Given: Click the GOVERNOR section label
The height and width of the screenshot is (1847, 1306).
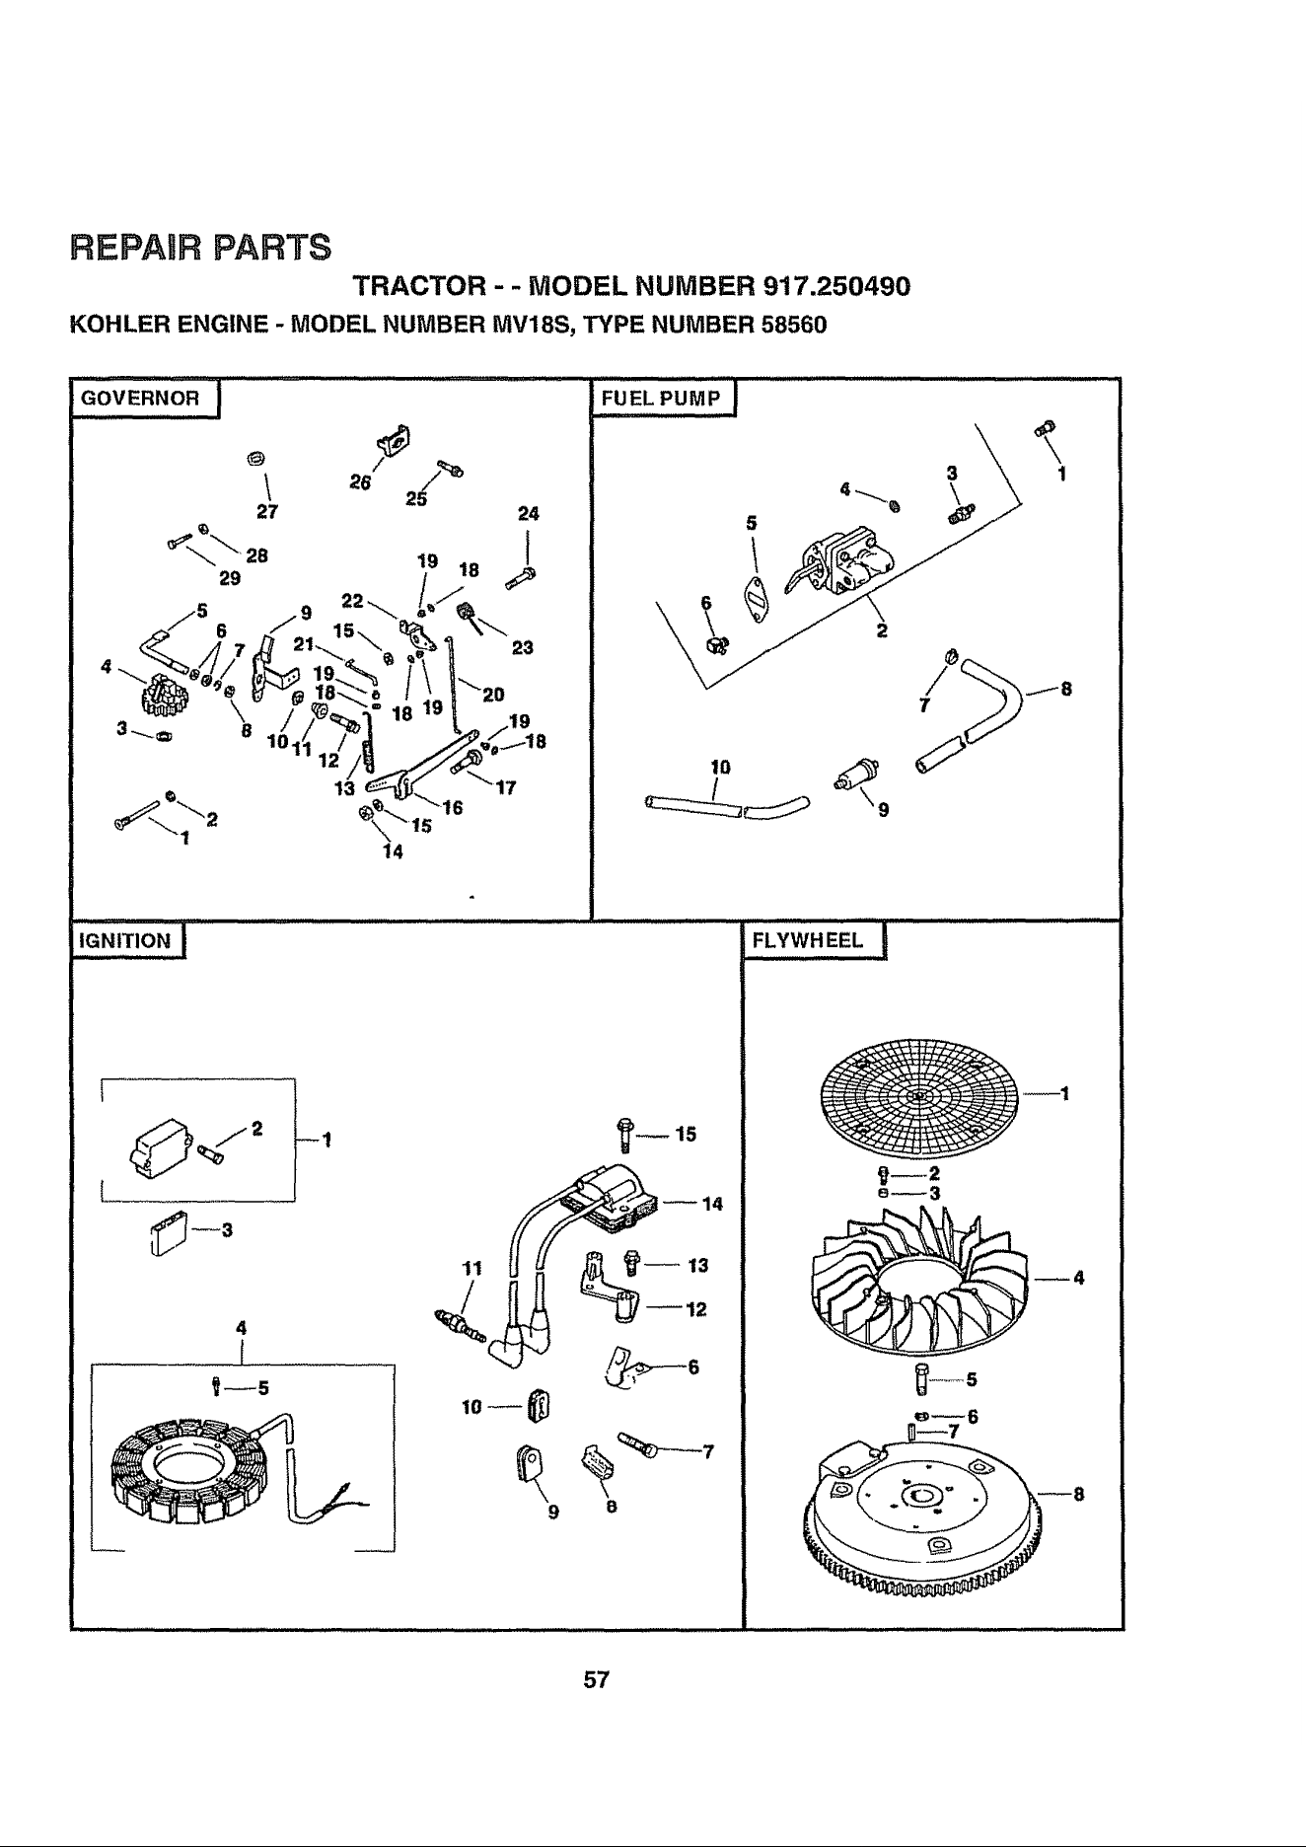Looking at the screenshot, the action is point(140,399).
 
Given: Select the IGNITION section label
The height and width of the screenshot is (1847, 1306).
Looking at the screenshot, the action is point(124,940).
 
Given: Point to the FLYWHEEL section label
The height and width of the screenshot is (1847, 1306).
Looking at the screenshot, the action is point(808,940).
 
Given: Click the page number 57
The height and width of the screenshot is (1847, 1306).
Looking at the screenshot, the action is point(597,1679).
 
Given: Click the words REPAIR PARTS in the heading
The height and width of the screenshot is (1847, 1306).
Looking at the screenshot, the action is point(200,245).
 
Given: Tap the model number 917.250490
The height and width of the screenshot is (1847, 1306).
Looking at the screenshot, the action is point(836,287).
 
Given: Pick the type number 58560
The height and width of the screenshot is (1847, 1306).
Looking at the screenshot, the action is point(787,325).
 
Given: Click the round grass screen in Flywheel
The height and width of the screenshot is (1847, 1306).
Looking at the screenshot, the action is point(917,1095).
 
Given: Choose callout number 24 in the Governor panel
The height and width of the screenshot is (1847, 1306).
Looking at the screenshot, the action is point(529,514).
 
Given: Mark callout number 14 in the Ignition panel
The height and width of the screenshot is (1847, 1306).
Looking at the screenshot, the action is point(712,1204).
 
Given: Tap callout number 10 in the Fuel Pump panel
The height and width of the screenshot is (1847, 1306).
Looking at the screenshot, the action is point(720,766).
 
